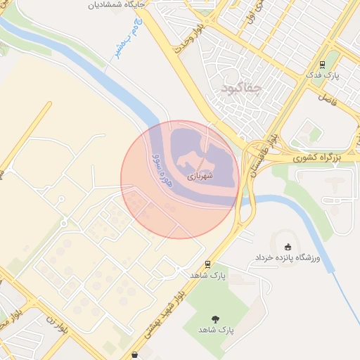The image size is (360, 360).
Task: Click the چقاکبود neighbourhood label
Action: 241,89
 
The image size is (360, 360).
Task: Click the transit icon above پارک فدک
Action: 322,65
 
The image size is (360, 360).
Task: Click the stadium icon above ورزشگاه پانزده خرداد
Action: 287,247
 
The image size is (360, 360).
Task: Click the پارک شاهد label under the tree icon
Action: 215,330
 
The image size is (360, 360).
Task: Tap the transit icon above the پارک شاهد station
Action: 207,265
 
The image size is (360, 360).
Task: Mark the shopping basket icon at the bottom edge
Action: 136,355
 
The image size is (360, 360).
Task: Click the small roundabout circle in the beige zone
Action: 64,223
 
